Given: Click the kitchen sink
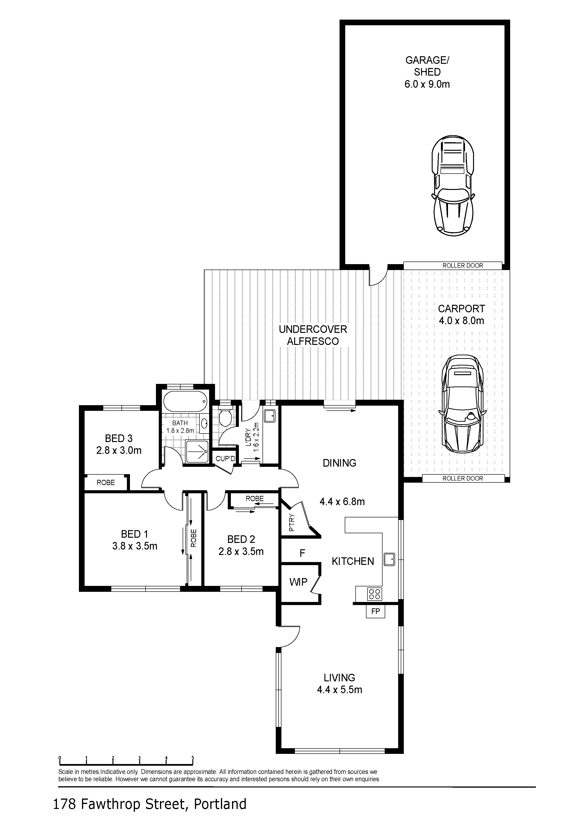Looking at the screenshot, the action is pos(389,559).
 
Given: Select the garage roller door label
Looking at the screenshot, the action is pos(462,265).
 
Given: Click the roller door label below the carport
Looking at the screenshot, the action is pos(462,478).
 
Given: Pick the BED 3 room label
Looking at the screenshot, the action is pos(119,438).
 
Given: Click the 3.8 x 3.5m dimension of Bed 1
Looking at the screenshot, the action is pos(135,546).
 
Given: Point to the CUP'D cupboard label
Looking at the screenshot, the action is pos(225,459).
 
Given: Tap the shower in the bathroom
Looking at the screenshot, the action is pos(197,451).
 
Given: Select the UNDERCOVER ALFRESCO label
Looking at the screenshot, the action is pos(313,335).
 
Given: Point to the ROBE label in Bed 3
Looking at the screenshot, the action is pos(106,482).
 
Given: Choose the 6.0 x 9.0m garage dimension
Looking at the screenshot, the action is pos(427,84).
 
